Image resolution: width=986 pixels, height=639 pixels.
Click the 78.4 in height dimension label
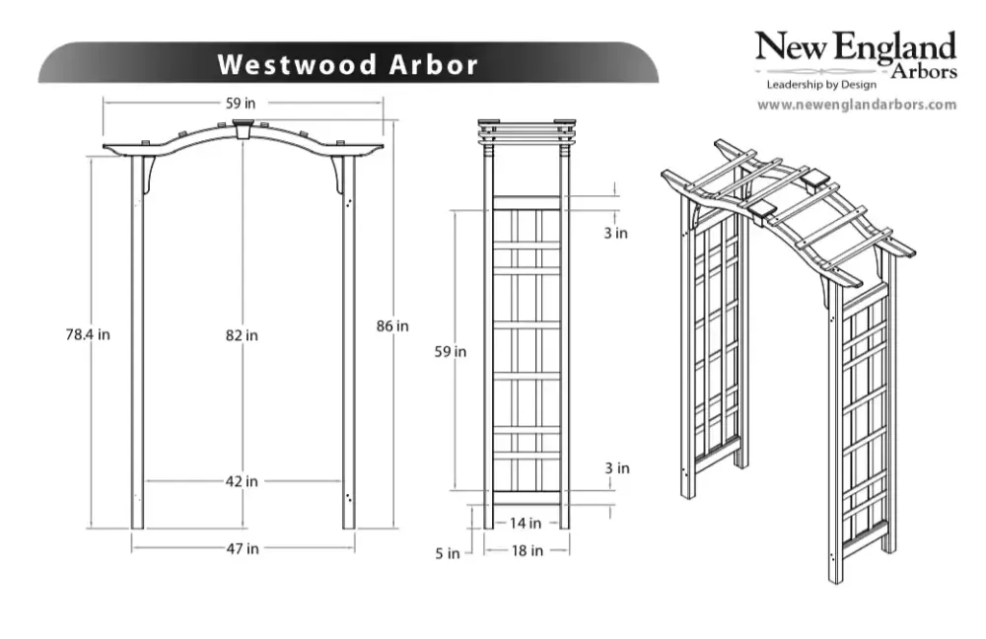pyautogui.click(x=88, y=334)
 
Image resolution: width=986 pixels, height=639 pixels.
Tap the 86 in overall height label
pyautogui.click(x=393, y=325)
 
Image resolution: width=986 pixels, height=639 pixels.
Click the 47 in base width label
pyautogui.click(x=244, y=548)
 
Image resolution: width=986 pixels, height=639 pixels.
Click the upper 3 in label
pyautogui.click(x=616, y=234)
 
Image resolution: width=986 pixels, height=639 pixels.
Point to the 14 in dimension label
pyautogui.click(x=526, y=523)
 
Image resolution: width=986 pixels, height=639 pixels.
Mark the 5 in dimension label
pyautogui.click(x=448, y=553)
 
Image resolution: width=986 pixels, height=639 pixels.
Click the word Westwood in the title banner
pyautogui.click(x=296, y=65)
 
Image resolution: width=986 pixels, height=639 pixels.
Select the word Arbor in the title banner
pyautogui.click(x=434, y=65)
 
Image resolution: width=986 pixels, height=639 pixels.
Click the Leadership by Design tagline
pyautogui.click(x=814, y=85)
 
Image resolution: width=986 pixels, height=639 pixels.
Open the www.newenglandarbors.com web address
pyautogui.click(x=857, y=105)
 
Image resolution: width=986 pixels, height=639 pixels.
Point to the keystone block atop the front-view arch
pyautogui.click(x=244, y=127)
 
